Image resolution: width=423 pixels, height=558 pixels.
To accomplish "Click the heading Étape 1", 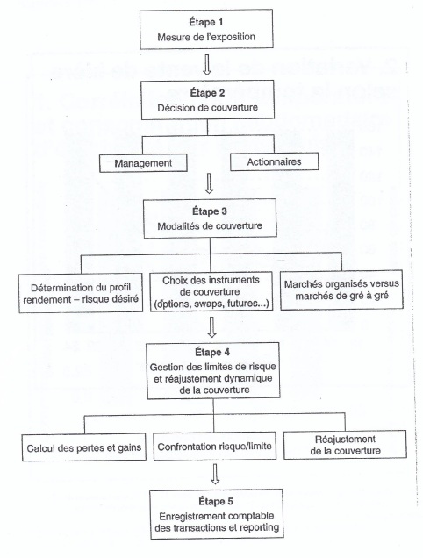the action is pyautogui.click(x=206, y=22).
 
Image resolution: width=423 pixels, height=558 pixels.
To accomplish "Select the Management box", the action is pyautogui.click(x=143, y=163).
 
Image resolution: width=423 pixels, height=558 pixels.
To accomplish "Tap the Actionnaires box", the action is pyautogui.click(x=274, y=162).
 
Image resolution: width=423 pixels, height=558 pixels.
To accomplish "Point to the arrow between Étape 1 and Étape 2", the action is pyautogui.click(x=206, y=64).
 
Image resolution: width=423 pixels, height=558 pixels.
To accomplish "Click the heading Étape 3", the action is pyautogui.click(x=210, y=211).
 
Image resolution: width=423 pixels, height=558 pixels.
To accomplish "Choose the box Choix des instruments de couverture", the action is pyautogui.click(x=211, y=292).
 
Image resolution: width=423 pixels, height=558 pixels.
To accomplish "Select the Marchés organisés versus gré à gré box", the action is pyautogui.click(x=341, y=290).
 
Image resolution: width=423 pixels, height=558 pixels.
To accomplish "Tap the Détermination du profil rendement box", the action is pyautogui.click(x=81, y=293).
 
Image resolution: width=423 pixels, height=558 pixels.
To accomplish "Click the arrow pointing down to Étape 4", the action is pyautogui.click(x=211, y=327).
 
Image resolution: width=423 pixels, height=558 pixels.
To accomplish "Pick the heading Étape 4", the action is pyautogui.click(x=212, y=353).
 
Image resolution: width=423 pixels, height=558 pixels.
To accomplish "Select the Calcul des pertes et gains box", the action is pyautogui.click(x=84, y=447).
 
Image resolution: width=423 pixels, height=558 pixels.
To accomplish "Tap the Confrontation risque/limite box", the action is pyautogui.click(x=214, y=447).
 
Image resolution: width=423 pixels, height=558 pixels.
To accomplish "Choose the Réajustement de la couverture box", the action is pyautogui.click(x=345, y=445).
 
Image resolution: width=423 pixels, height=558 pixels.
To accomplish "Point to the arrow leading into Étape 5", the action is pyautogui.click(x=214, y=474).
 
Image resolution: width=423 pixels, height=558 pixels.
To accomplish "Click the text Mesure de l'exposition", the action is pyautogui.click(x=206, y=37).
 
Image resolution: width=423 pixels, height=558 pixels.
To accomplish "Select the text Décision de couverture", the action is pyautogui.click(x=208, y=107).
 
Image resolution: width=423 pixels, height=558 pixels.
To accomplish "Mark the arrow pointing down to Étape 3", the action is pyautogui.click(x=210, y=182).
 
